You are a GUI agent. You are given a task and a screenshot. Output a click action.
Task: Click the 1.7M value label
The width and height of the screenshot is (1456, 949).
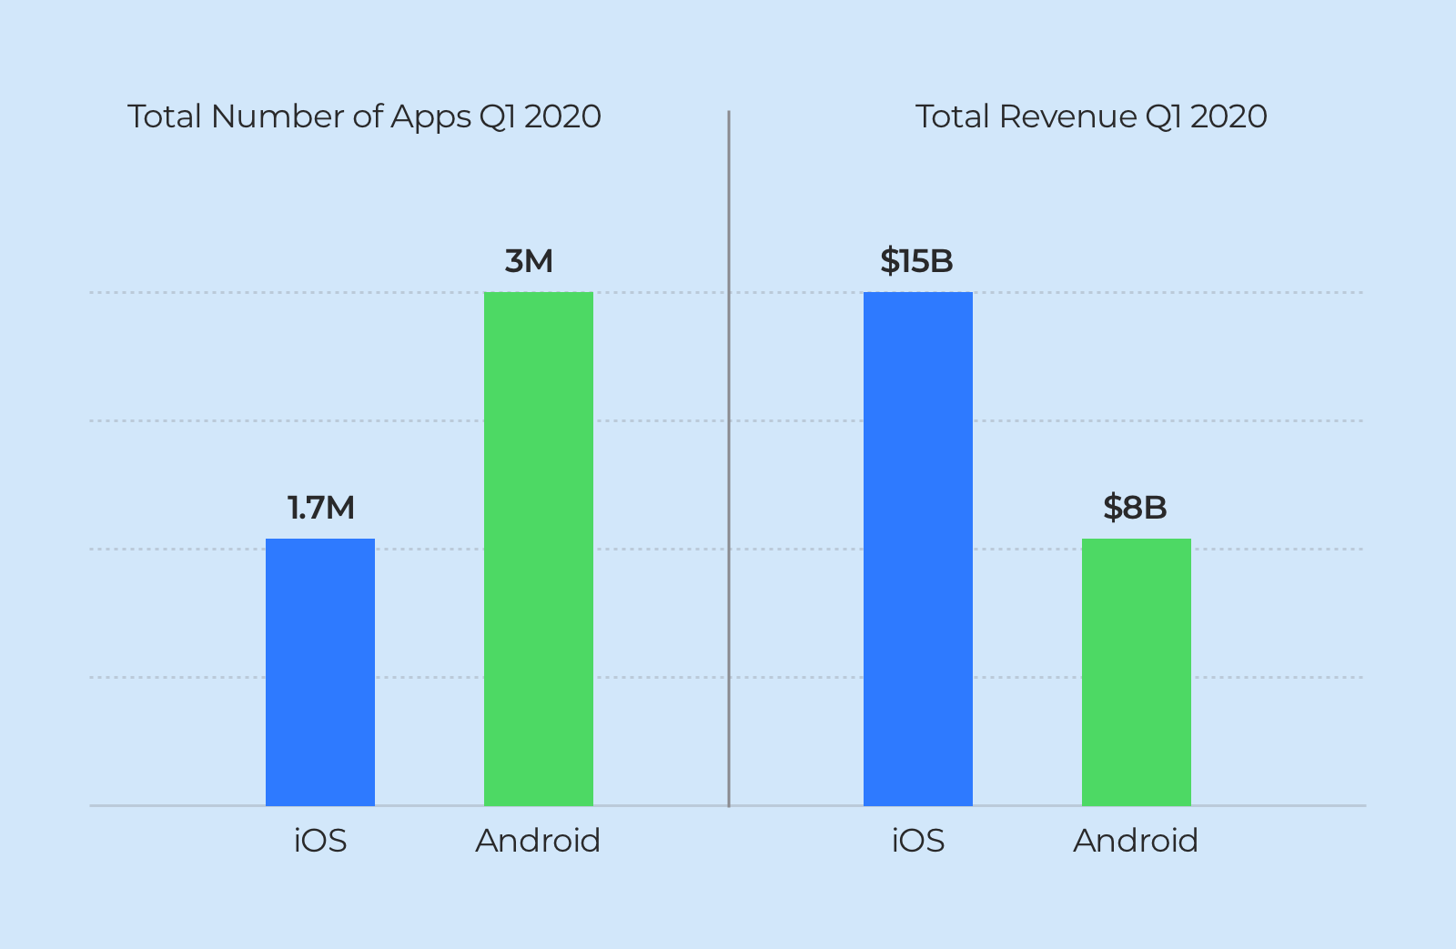coord(321,508)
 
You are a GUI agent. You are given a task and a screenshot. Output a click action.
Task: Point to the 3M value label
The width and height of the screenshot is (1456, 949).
coord(529,261)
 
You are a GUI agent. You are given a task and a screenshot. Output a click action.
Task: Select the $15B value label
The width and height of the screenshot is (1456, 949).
coord(916,261)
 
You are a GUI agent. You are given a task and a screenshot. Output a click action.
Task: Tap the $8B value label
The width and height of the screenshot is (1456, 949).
coord(1135,508)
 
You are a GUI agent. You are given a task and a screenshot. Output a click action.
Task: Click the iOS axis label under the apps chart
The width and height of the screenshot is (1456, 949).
coord(320,841)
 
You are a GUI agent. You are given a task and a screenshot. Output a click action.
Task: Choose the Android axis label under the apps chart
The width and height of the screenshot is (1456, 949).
coord(538,841)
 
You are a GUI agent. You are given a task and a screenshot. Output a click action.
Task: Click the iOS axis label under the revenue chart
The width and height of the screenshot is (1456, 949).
coord(918,841)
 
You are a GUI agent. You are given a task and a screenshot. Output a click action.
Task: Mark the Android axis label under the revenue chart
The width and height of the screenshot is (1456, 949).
coord(1136,841)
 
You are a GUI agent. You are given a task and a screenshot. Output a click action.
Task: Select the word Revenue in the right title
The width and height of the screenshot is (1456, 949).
coord(1068,116)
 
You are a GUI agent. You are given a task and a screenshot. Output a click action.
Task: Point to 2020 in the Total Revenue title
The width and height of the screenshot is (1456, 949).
coord(1228,116)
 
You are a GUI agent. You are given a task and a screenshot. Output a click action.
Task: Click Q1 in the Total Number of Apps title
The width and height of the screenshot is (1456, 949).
coord(497,117)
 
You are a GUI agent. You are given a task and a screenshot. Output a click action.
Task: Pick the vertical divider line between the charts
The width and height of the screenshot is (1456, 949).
coord(729,455)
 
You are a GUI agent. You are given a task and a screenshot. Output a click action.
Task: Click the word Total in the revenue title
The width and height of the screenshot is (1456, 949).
coord(952,116)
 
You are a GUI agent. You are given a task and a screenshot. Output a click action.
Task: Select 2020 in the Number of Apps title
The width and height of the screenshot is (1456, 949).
coord(562,116)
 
